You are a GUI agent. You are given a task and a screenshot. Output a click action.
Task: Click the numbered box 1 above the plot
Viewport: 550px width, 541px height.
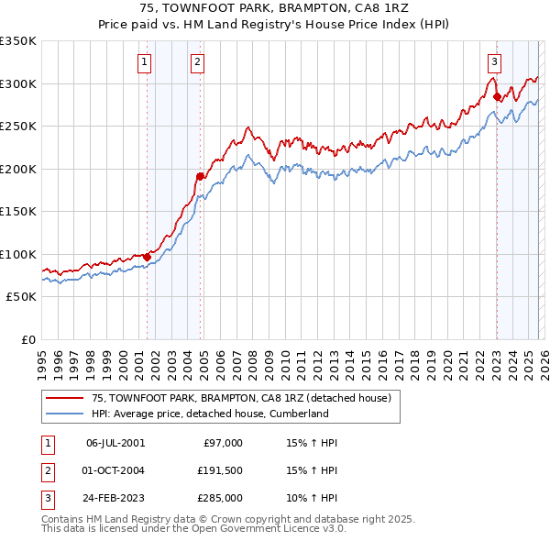pyautogui.click(x=146, y=62)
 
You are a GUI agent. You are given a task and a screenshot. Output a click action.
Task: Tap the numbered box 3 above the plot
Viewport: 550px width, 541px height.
pyautogui.click(x=494, y=62)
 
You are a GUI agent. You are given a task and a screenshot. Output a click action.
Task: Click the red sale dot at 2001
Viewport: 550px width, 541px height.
pyautogui.click(x=147, y=257)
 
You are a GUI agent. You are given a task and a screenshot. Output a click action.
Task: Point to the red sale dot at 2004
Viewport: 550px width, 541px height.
pyautogui.click(x=200, y=175)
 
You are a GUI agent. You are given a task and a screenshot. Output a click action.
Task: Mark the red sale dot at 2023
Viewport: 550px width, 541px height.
pyautogui.click(x=497, y=95)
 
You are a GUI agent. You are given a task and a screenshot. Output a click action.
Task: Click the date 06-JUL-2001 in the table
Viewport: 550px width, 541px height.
pyautogui.click(x=115, y=443)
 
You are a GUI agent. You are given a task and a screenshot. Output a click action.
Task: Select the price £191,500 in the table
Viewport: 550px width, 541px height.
pyautogui.click(x=220, y=470)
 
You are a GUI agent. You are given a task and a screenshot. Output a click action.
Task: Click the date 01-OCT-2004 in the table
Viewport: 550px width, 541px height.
pyautogui.click(x=115, y=470)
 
